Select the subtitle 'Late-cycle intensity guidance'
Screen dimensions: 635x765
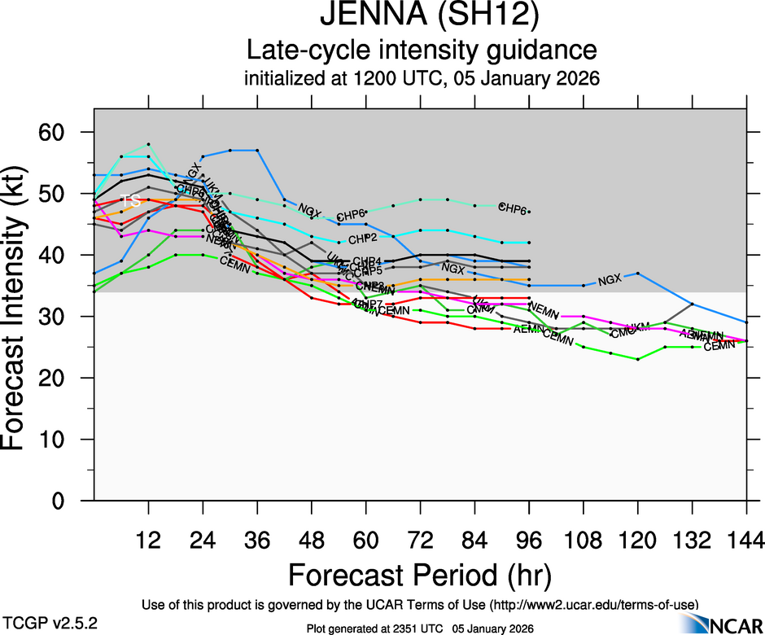point(422,50)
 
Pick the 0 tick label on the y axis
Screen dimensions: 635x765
point(65,501)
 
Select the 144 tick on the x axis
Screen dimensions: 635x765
point(746,539)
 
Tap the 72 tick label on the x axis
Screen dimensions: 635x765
point(420,539)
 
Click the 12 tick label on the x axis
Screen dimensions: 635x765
point(148,539)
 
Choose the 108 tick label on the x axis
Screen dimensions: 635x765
point(583,539)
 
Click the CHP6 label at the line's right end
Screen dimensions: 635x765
point(513,208)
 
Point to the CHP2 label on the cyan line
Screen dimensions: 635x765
point(362,239)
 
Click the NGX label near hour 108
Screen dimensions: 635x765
point(609,281)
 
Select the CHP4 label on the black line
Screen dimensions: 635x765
point(367,261)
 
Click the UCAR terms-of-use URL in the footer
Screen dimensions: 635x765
point(593,605)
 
